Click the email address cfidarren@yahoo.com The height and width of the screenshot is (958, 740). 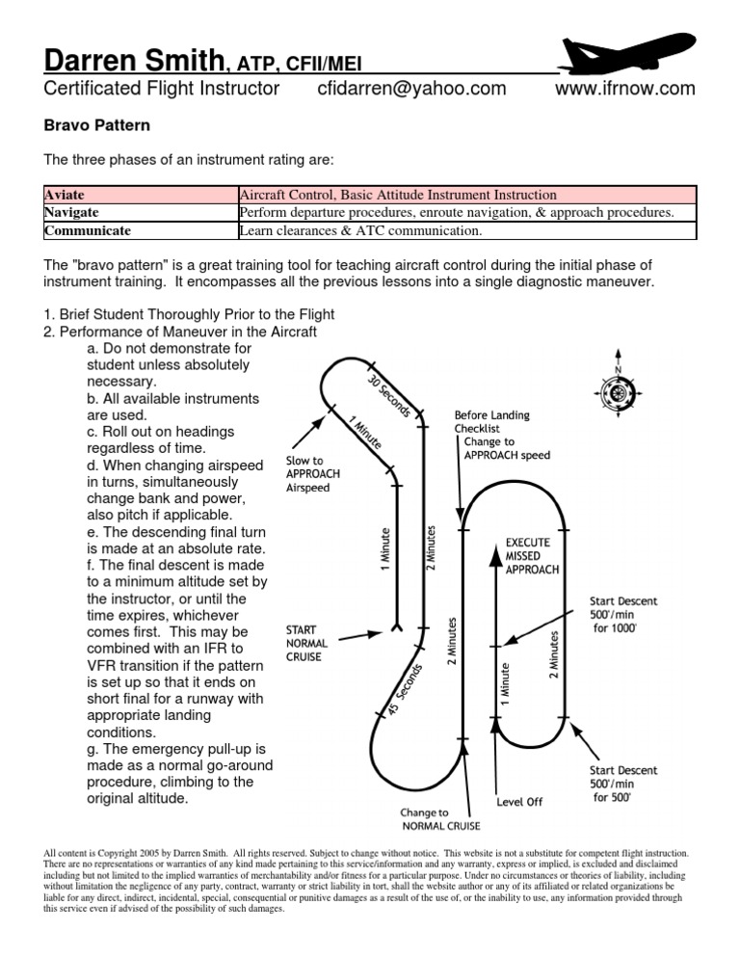click(410, 89)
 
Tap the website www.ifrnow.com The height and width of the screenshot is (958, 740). click(625, 89)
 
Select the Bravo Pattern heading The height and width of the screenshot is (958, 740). click(97, 125)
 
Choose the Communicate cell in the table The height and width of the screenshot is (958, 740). click(88, 230)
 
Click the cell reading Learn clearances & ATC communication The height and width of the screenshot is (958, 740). click(360, 230)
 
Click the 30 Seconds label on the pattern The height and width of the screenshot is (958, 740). click(389, 394)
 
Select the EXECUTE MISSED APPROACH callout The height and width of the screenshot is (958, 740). click(532, 556)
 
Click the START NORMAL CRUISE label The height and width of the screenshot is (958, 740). click(307, 642)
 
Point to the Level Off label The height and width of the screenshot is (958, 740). click(520, 801)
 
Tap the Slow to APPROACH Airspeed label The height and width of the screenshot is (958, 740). click(313, 474)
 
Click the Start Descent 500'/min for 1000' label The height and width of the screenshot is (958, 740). click(623, 614)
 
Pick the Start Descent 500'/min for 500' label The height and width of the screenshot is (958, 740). click(623, 784)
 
